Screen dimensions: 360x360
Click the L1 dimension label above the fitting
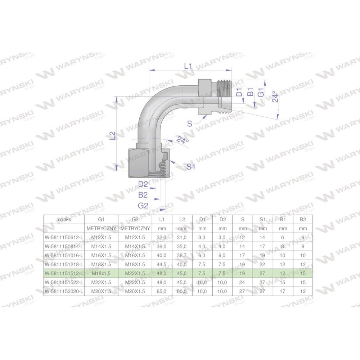click(x=188, y=66)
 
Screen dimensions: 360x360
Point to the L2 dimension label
click(x=112, y=136)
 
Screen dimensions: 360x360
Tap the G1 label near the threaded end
click(x=261, y=93)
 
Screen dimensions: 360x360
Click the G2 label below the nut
click(x=143, y=206)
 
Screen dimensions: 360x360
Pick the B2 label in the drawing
click(x=143, y=195)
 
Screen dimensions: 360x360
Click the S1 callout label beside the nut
click(x=191, y=167)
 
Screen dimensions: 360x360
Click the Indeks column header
click(x=64, y=220)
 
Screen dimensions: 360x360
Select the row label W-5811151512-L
click(x=64, y=274)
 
